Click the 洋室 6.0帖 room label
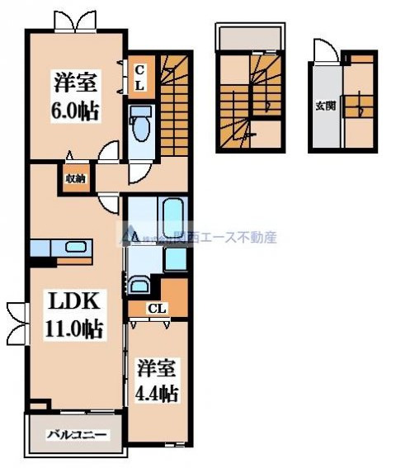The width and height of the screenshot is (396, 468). [x=77, y=96]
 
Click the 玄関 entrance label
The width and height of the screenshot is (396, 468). [x=325, y=105]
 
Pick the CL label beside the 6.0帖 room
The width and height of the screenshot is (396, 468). [x=140, y=78]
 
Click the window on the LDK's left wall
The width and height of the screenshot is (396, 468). [x=15, y=323]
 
